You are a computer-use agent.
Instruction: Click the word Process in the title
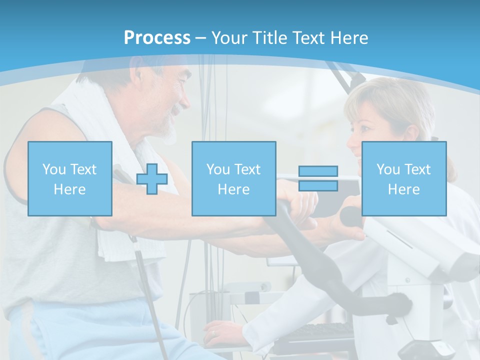[157, 37]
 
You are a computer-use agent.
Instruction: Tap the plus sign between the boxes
[151, 178]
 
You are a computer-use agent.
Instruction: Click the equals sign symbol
[318, 178]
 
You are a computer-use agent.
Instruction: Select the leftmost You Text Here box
[70, 178]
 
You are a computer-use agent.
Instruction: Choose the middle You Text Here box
[233, 178]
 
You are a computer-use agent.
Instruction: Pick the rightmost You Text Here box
[403, 178]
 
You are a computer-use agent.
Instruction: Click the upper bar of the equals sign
[318, 171]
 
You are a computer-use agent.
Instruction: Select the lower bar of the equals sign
[318, 185]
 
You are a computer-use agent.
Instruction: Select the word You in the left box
[53, 169]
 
